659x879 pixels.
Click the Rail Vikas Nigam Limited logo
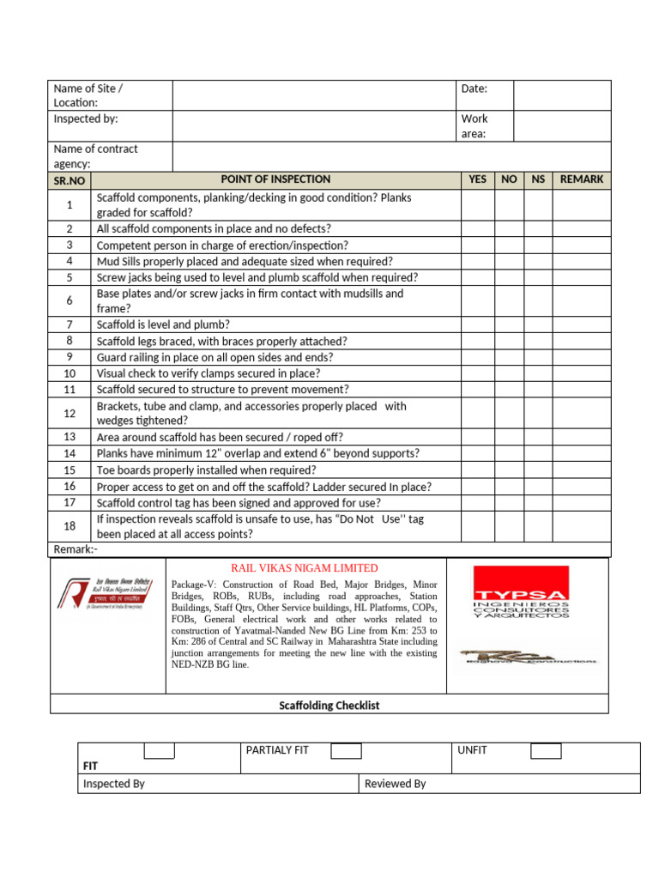click(x=107, y=594)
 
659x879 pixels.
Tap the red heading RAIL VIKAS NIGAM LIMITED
click(x=305, y=567)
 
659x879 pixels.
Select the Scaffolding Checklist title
click(x=329, y=706)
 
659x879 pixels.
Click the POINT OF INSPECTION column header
click(x=275, y=179)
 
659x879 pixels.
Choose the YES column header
click(x=478, y=179)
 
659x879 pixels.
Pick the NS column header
click(x=538, y=179)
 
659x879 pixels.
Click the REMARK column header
click(x=581, y=179)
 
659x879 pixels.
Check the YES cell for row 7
click(x=478, y=324)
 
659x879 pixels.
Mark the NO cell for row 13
click(x=509, y=437)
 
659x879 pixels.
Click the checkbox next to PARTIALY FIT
click(x=346, y=751)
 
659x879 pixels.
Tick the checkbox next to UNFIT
click(x=546, y=751)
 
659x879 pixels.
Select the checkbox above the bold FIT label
click(x=159, y=751)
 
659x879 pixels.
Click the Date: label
click(x=475, y=88)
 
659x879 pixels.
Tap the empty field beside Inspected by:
click(x=315, y=125)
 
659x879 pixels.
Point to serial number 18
click(x=70, y=526)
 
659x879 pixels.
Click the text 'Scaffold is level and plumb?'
click(x=163, y=324)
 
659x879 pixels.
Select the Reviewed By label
click(x=395, y=784)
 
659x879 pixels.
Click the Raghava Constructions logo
click(x=528, y=657)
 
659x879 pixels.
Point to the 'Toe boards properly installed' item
click(x=206, y=470)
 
